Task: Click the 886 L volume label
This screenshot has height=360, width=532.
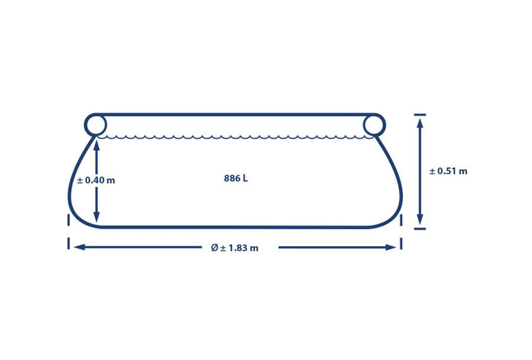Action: pyautogui.click(x=236, y=178)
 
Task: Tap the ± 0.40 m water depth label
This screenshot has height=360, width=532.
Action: pyautogui.click(x=96, y=181)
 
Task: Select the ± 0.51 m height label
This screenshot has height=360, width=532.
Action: pyautogui.click(x=448, y=171)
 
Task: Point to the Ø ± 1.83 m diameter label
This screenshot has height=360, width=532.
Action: pyautogui.click(x=234, y=248)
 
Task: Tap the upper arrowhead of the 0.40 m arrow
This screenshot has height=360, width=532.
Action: pyautogui.click(x=97, y=145)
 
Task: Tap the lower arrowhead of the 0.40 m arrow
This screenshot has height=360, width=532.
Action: pyautogui.click(x=97, y=218)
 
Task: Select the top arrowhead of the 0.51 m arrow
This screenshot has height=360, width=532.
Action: pyautogui.click(x=420, y=123)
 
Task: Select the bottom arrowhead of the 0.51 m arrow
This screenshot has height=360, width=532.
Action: pyautogui.click(x=420, y=220)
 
